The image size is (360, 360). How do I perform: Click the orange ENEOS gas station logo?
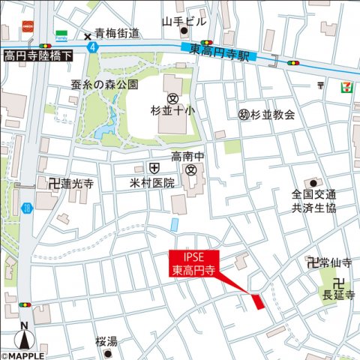pos(29,25)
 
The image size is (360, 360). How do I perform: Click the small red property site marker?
pos(259,302)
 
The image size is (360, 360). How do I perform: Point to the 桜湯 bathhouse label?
pos(106,342)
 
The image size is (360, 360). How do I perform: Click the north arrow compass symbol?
pos(25,335)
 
